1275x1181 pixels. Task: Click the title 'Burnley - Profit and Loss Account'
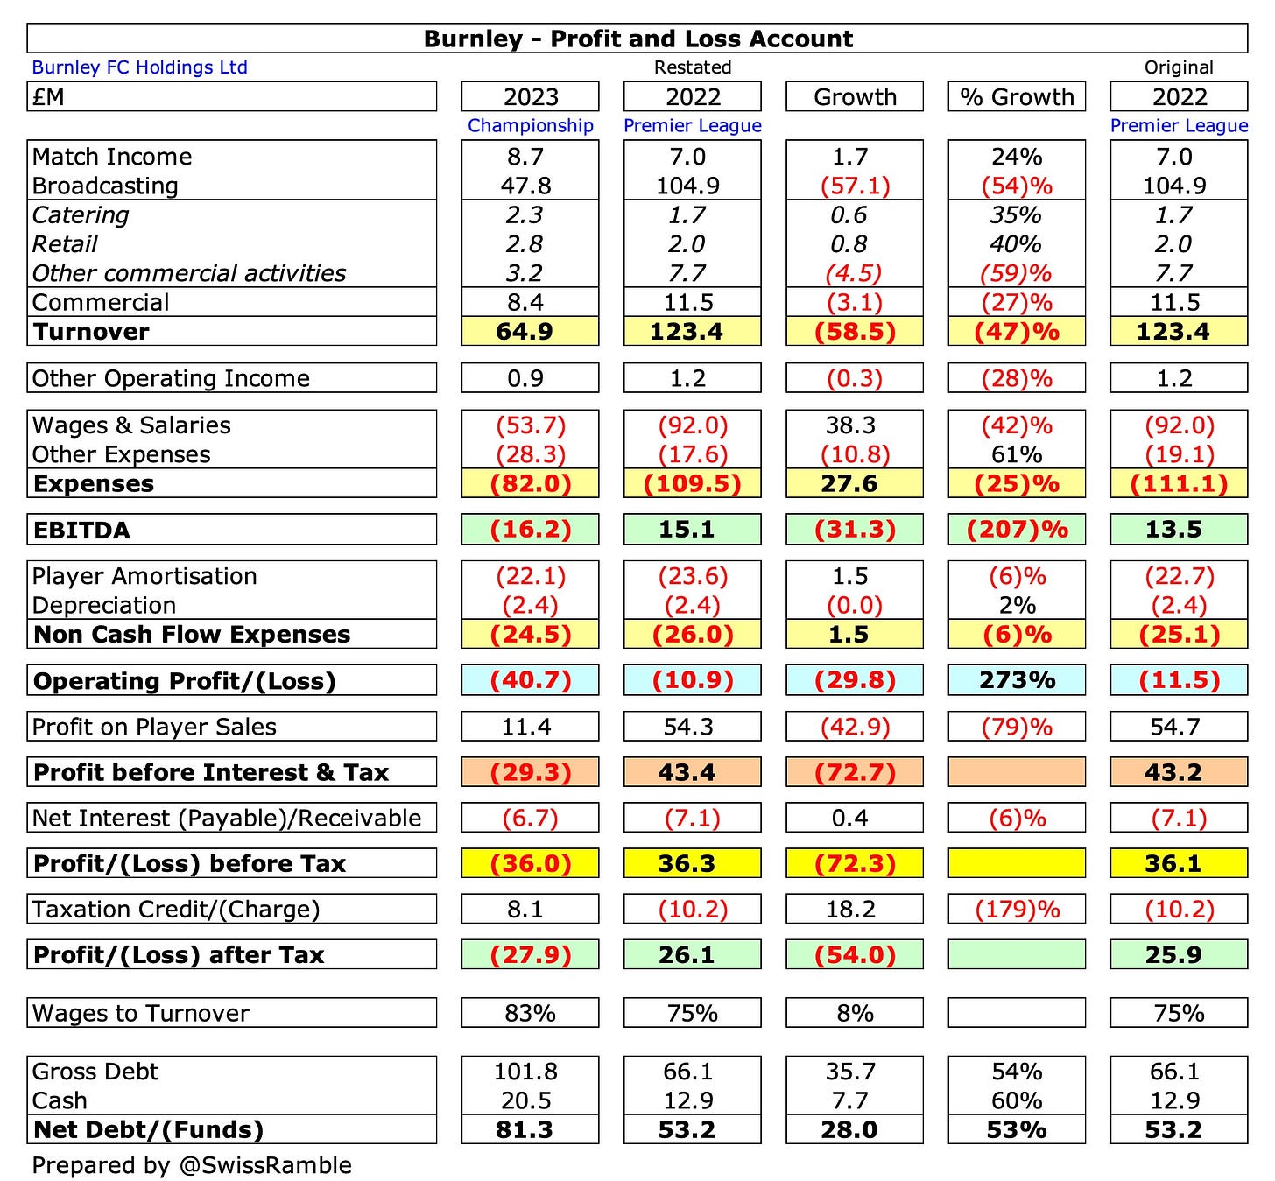tap(637, 39)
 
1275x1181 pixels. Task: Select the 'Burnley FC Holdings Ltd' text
tap(139, 67)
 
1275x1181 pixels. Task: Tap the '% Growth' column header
tap(1017, 97)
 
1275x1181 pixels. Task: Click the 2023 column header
tap(531, 97)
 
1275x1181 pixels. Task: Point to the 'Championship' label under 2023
tap(531, 125)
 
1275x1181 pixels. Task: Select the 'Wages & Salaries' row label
tap(131, 425)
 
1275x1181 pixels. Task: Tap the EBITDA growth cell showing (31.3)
tap(855, 530)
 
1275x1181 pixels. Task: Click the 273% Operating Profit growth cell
tap(1017, 680)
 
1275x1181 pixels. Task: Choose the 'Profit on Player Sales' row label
tap(154, 727)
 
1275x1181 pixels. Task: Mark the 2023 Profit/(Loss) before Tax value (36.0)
tap(531, 863)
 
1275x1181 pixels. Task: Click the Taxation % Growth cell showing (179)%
tap(1017, 909)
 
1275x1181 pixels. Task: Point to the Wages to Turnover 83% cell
tap(531, 1013)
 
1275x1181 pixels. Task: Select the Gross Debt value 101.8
tap(526, 1072)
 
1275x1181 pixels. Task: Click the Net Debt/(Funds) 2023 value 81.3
tap(525, 1129)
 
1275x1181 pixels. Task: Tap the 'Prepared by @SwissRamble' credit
tap(192, 1165)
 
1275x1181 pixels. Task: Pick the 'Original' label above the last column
tap(1179, 67)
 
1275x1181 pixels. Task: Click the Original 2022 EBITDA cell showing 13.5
tap(1173, 530)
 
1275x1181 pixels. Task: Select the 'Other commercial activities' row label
tap(189, 273)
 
